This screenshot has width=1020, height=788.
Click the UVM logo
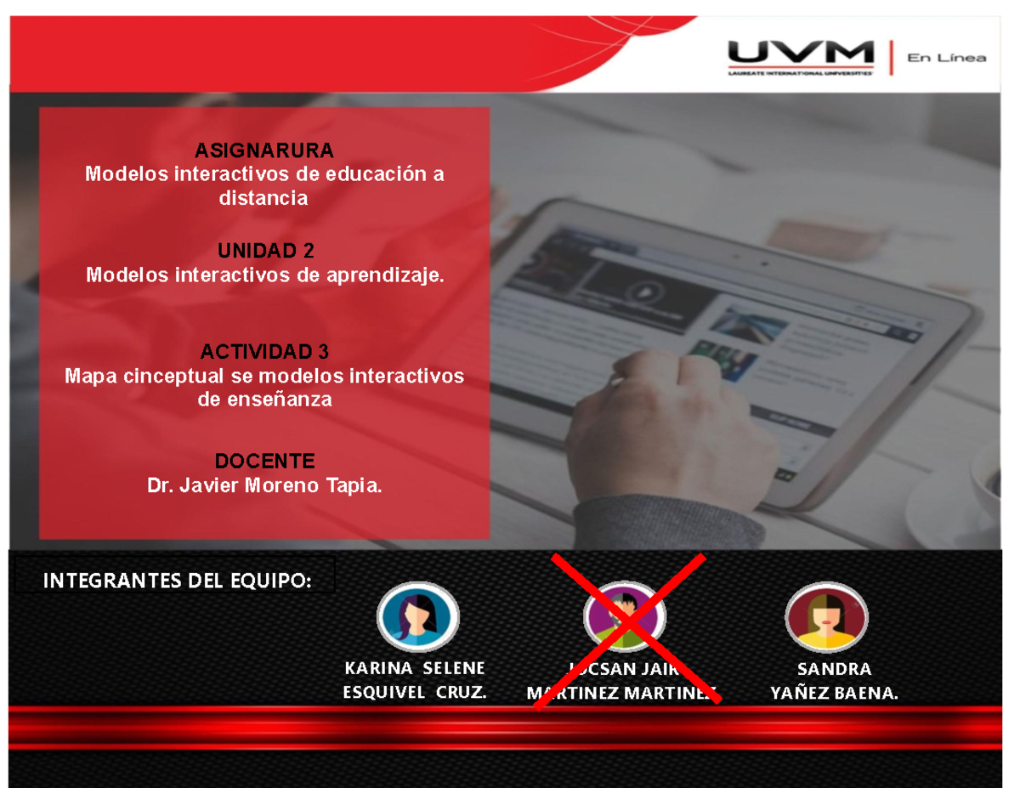click(800, 56)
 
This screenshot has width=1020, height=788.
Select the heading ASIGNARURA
click(264, 150)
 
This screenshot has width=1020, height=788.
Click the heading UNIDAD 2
click(265, 251)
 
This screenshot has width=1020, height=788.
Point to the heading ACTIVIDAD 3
click(264, 351)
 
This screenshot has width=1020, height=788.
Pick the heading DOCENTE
click(264, 461)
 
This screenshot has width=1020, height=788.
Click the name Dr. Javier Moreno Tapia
click(264, 485)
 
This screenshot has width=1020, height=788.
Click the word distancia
click(263, 198)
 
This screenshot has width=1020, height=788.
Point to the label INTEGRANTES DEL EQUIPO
click(177, 581)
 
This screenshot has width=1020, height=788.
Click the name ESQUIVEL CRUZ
click(414, 692)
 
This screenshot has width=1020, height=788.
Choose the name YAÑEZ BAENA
click(833, 693)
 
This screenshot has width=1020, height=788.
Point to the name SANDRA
click(833, 668)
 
